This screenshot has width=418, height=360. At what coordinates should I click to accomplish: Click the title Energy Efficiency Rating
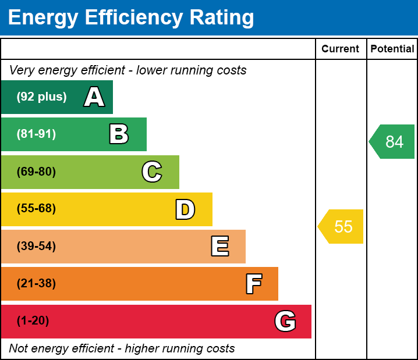point(131,17)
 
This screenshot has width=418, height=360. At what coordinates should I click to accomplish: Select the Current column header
point(341,49)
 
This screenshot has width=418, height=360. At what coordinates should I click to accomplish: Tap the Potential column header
point(392,49)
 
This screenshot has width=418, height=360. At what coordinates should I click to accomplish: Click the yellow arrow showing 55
point(341,226)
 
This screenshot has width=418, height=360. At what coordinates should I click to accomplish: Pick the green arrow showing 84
point(392,141)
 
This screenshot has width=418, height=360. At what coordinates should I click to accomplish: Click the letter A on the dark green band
point(94,97)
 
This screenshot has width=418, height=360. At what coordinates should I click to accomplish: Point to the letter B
point(119,134)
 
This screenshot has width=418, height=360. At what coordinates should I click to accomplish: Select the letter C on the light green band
point(151,172)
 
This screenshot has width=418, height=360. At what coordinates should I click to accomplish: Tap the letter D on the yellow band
point(185,209)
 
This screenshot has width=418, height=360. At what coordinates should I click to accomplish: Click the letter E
point(219,247)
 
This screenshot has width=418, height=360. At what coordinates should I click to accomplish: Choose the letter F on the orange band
point(253,284)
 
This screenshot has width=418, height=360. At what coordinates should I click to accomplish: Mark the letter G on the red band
point(285,321)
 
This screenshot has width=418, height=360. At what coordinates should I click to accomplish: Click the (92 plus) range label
point(41,97)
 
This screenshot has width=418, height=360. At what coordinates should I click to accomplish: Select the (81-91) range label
point(36,134)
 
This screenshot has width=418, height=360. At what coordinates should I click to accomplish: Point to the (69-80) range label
point(36,172)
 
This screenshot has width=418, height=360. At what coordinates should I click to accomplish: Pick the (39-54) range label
point(36,247)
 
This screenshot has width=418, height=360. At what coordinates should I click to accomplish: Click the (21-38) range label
point(36,284)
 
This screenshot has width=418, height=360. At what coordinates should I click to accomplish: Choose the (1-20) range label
point(33,321)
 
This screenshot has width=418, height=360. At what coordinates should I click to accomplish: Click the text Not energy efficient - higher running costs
point(122,349)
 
